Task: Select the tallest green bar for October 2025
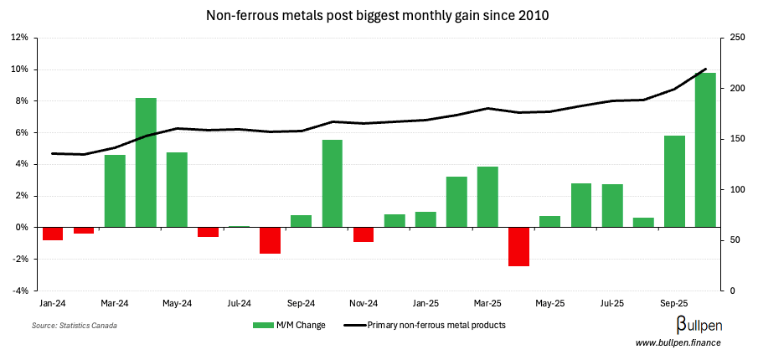click(x=705, y=150)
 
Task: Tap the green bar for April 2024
click(x=146, y=162)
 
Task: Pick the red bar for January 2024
click(x=53, y=234)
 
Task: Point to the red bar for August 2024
click(x=270, y=240)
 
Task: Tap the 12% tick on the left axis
click(x=19, y=38)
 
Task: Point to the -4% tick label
click(x=19, y=291)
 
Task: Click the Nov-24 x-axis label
click(x=364, y=303)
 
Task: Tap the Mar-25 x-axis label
click(x=487, y=303)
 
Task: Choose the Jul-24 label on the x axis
click(x=240, y=303)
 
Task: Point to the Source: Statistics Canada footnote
click(x=75, y=325)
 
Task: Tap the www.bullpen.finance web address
click(x=677, y=342)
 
